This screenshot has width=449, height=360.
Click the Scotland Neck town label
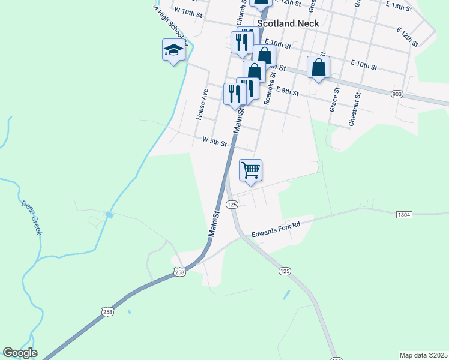tap(288, 23)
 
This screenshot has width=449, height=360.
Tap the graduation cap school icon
tap(173, 50)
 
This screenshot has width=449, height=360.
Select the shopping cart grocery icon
tap(250, 170)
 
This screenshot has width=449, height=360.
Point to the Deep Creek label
tap(31, 217)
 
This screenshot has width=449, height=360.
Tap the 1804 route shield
tap(403, 214)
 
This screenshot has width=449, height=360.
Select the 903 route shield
tap(396, 94)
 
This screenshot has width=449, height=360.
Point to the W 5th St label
tap(214, 142)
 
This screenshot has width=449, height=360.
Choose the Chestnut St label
tap(355, 109)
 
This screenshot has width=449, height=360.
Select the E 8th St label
tap(288, 91)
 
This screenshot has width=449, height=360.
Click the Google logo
tap(20, 353)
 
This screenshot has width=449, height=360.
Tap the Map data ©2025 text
tap(423, 355)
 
